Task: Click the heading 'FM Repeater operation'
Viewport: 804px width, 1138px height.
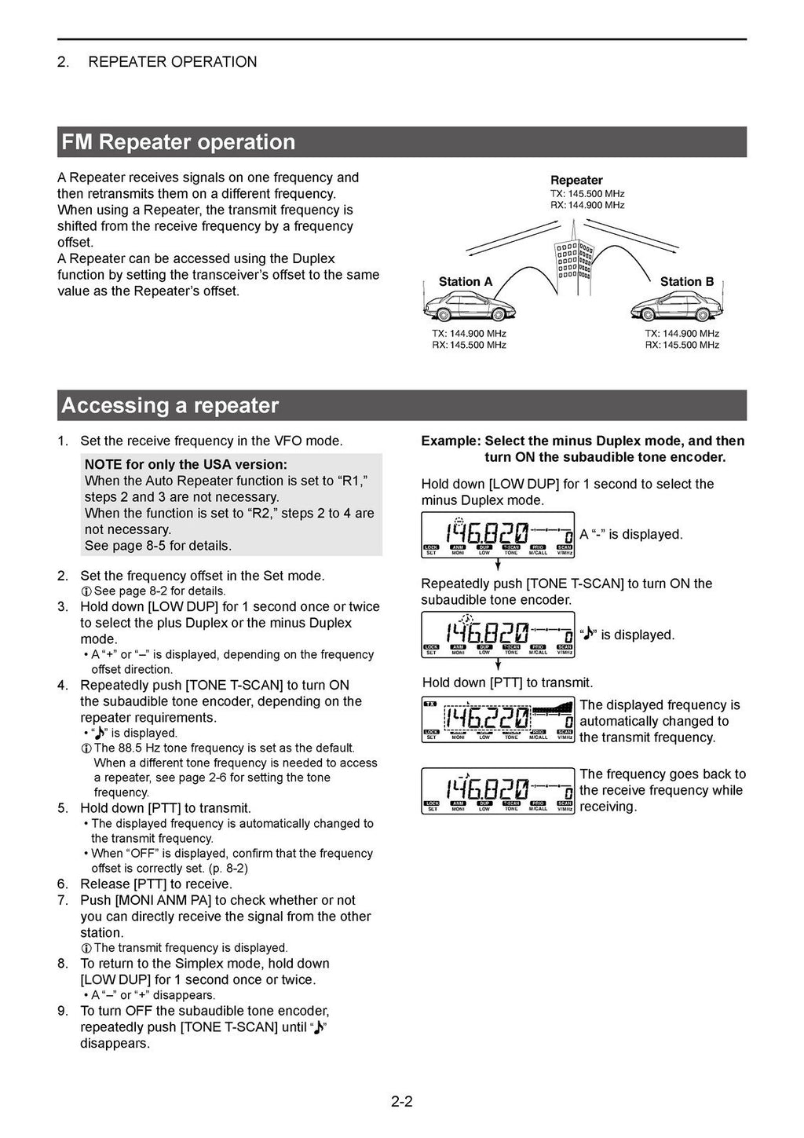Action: pos(178,142)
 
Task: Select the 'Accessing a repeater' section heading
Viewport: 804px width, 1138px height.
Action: pos(170,405)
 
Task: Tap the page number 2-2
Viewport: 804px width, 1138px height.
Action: pos(401,1101)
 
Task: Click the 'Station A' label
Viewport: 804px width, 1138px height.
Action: pos(465,281)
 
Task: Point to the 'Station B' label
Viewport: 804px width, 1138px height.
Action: pos(686,281)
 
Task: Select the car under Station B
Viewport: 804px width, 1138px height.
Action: pos(676,305)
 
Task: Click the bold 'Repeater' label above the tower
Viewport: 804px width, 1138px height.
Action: pos(576,180)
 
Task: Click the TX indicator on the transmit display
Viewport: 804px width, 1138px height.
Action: pos(430,704)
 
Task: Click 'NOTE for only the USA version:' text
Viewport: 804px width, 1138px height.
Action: pos(185,464)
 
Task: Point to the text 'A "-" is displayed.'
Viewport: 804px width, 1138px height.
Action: pos(631,534)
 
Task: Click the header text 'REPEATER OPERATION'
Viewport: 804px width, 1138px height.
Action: pos(172,62)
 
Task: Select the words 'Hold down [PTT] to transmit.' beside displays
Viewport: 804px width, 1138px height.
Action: pos(507,682)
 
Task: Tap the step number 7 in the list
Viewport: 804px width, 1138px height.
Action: pos(63,900)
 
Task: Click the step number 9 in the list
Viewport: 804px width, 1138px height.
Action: pos(63,1011)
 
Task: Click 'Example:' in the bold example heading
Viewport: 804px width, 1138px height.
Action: pos(451,441)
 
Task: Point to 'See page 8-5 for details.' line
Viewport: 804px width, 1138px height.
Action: pos(158,545)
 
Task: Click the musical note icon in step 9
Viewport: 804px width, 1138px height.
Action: pos(318,1027)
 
